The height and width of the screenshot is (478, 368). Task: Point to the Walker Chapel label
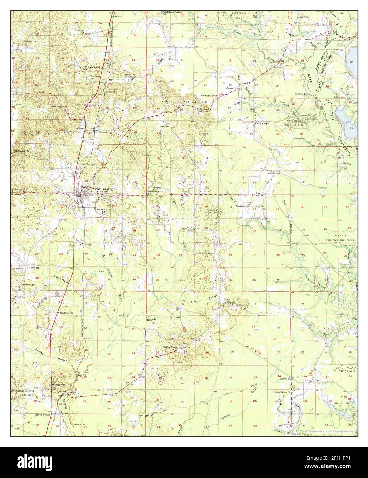[x=261, y=123]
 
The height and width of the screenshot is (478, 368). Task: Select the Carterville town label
[x=232, y=88]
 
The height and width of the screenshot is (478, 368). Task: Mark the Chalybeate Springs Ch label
[x=173, y=13]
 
